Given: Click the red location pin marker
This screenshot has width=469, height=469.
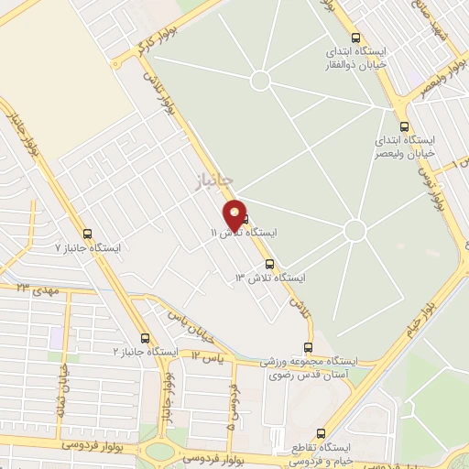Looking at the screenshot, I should click(x=235, y=215).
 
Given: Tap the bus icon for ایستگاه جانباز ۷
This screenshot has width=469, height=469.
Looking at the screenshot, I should click(x=87, y=234).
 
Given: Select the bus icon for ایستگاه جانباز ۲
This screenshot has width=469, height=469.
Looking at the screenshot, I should click(x=145, y=338).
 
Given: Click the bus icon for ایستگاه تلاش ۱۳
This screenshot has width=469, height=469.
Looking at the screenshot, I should click(x=268, y=263).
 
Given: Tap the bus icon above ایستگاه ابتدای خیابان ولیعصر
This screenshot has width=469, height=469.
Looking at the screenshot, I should click(x=404, y=128).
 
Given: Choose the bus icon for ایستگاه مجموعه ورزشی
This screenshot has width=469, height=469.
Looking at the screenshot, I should click(x=307, y=347).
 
